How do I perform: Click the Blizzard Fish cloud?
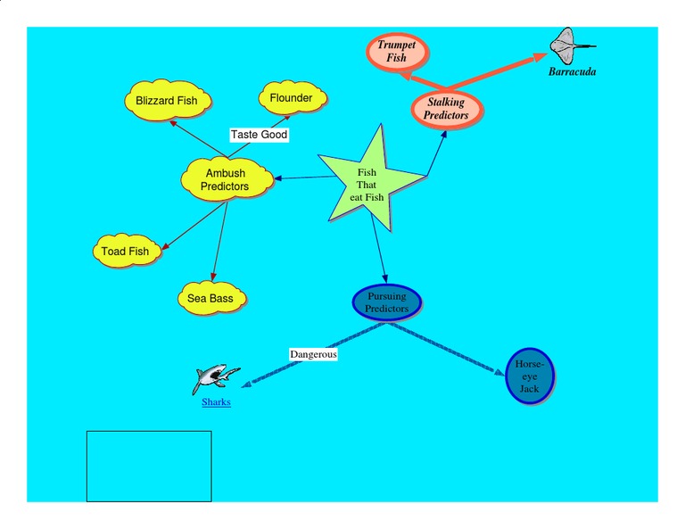167,101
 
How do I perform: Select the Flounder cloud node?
292,98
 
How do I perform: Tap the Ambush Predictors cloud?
225,179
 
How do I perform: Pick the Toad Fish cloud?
126,252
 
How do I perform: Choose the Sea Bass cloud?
210,299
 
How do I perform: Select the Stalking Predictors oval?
446,109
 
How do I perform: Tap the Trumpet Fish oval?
397,52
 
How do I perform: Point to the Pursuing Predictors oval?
386,302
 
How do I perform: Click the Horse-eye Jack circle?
529,376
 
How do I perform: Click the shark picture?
215,377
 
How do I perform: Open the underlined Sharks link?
216,402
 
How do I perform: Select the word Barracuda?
572,72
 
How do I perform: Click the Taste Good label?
259,135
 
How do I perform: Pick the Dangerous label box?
313,354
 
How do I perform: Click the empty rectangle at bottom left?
149,466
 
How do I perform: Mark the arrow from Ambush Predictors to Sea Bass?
219,241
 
